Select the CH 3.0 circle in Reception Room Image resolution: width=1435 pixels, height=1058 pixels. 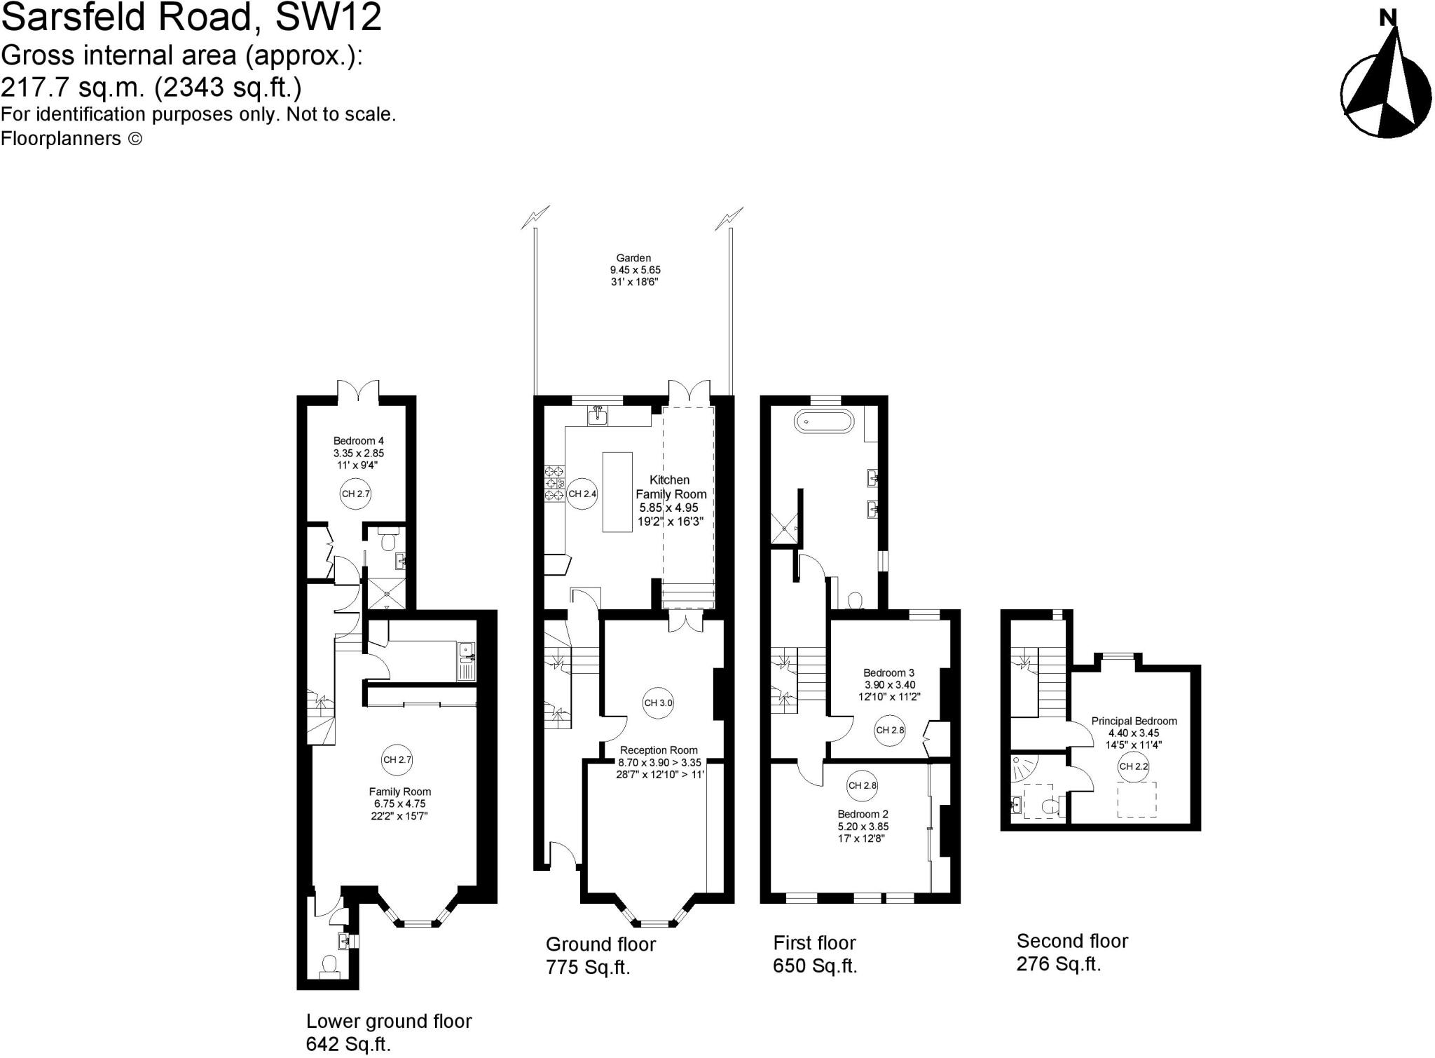click(658, 703)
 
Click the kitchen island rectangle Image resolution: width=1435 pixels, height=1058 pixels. click(617, 492)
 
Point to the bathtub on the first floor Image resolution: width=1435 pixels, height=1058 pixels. click(824, 421)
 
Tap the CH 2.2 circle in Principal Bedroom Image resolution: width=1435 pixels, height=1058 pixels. click(1133, 766)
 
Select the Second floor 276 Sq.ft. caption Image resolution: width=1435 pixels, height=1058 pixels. click(1071, 952)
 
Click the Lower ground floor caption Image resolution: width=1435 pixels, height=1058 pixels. click(389, 1031)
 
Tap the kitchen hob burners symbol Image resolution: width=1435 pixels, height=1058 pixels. click(554, 483)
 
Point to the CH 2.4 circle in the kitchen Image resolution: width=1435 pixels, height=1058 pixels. click(582, 494)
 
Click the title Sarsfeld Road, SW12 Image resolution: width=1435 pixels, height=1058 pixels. click(191, 17)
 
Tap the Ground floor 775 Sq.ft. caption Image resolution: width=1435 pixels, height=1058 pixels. click(600, 955)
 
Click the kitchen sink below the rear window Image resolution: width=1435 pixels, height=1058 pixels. click(598, 416)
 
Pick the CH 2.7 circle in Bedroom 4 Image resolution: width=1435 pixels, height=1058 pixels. click(355, 494)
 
